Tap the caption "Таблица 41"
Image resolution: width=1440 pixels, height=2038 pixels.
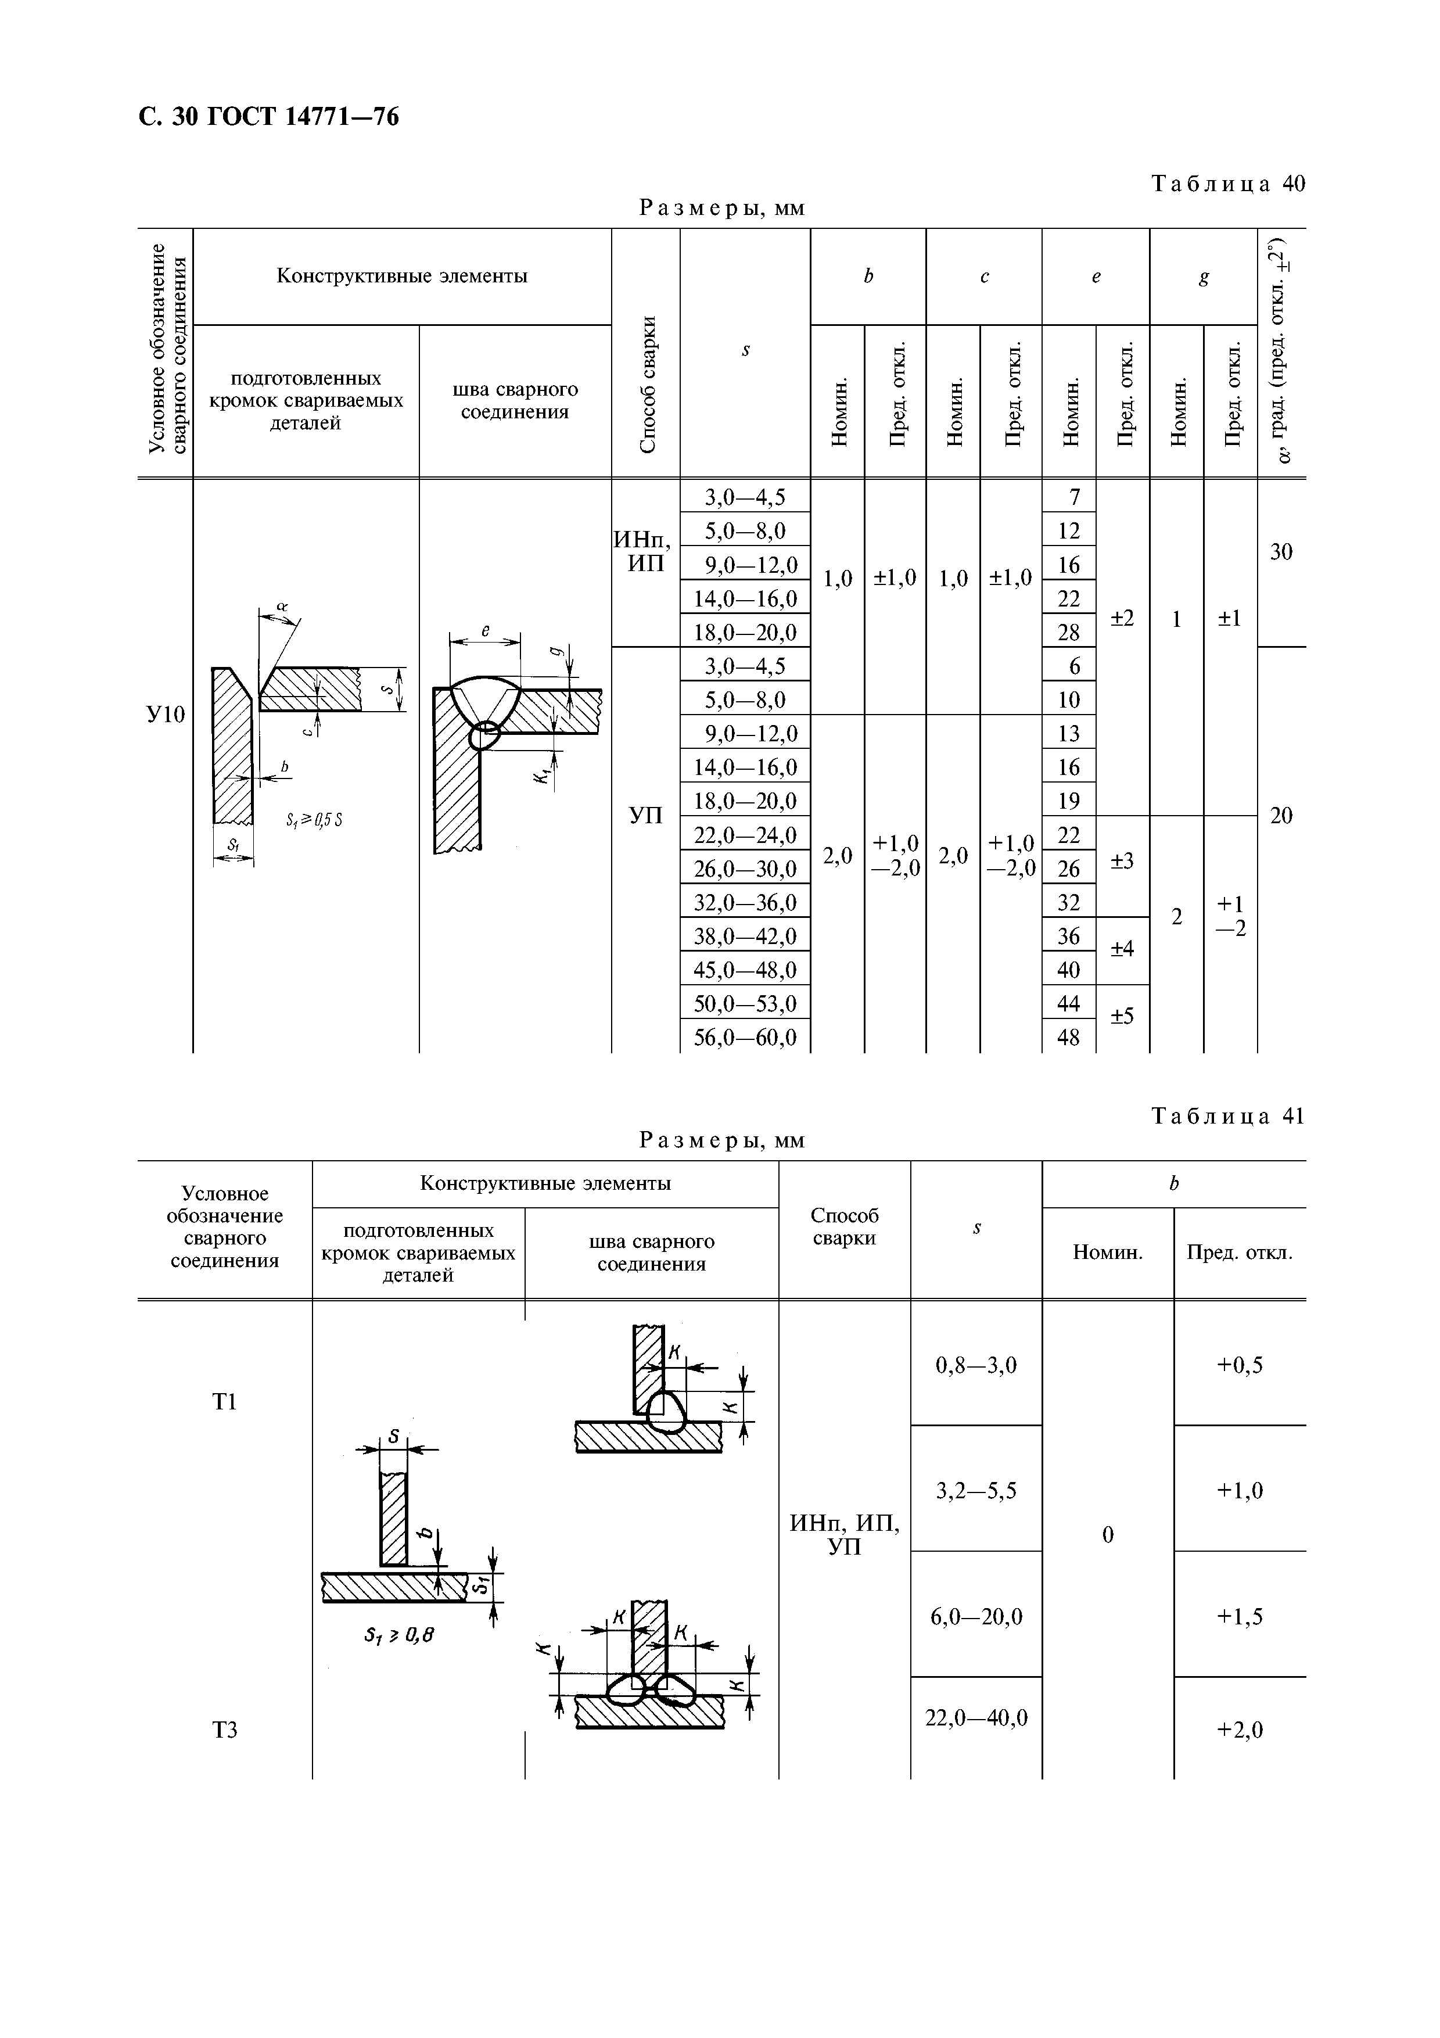tap(1228, 1116)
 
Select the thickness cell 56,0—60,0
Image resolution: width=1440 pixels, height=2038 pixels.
tap(745, 1037)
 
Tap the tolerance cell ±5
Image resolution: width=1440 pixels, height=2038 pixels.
tap(1122, 1016)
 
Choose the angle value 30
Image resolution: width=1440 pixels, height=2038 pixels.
tap(1281, 552)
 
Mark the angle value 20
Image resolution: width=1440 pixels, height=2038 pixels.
tap(1281, 816)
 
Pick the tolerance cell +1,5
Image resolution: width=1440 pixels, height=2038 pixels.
tap(1240, 1616)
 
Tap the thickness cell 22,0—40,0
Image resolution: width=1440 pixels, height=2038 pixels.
tap(976, 1717)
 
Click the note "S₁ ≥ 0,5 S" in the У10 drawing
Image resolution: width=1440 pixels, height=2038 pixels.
tap(314, 821)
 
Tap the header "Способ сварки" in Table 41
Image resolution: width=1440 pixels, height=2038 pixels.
tap(844, 1227)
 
